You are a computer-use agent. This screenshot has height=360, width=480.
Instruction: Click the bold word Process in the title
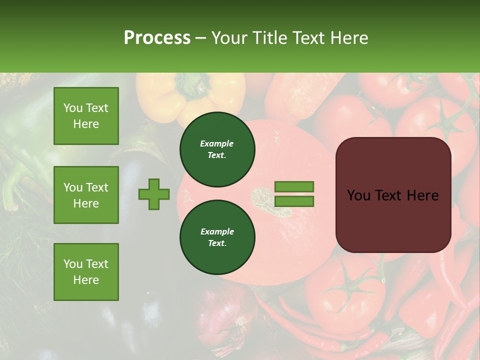coord(157,38)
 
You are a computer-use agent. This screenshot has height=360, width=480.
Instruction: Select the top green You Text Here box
coord(86,116)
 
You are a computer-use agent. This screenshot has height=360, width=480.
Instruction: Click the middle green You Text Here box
coord(86,195)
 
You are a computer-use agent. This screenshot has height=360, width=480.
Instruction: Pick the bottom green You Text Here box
coord(86,271)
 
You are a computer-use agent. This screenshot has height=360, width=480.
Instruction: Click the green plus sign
coord(154,194)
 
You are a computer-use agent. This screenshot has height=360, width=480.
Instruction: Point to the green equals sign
coord(294,194)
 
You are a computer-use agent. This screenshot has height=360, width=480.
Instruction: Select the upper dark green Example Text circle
coord(217,149)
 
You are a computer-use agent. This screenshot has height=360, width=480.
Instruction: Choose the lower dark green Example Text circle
coord(217,237)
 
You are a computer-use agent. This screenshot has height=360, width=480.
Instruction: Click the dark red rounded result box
coord(393,195)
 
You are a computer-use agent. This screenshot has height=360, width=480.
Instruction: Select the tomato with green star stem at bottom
coord(345,290)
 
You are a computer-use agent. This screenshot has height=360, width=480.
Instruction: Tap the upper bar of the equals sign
coord(294,187)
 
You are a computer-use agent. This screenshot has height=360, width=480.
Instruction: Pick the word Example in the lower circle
coord(217,231)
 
